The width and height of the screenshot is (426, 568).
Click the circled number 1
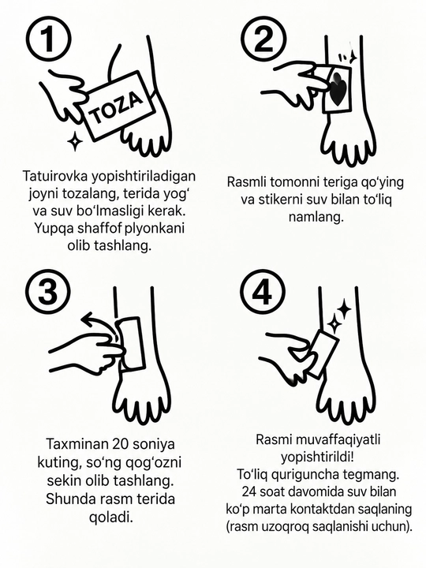(x=49, y=39)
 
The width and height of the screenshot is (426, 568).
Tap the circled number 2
(x=263, y=39)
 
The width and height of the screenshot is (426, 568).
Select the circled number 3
(x=48, y=292)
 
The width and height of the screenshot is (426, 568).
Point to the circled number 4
(x=263, y=292)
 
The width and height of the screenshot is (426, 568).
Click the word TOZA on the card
(x=116, y=107)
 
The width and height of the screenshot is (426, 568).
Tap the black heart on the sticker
(x=338, y=89)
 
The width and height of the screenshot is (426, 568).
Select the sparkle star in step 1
(x=75, y=140)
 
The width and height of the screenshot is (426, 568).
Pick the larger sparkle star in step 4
(x=343, y=310)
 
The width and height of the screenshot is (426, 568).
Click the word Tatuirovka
(x=55, y=176)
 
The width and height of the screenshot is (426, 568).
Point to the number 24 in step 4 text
(x=249, y=491)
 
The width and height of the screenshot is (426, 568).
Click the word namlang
(x=316, y=217)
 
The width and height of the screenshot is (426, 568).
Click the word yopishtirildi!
(x=317, y=457)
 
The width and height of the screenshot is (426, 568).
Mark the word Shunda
(x=66, y=499)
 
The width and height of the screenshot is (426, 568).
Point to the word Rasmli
(x=247, y=182)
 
